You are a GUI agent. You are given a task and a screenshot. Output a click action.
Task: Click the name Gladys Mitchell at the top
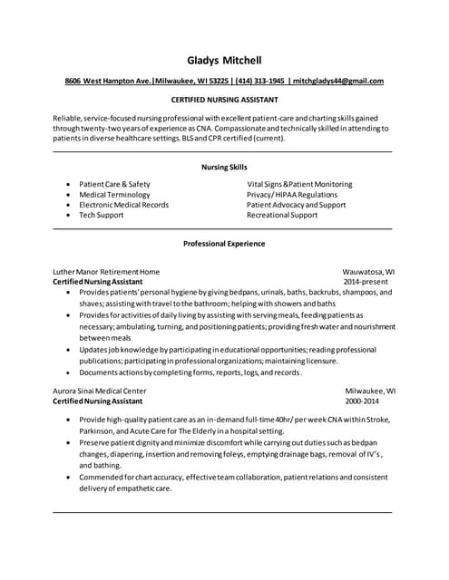pos(224,60)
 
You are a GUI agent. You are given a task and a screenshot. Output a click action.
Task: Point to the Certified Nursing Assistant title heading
pos(224,99)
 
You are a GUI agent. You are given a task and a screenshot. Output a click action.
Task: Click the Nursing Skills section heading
pos(224,167)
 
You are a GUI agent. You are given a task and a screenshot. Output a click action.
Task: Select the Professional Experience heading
pos(224,244)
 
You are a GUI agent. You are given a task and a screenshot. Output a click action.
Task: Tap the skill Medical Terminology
pos(114,194)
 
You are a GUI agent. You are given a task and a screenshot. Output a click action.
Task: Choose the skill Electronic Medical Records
pos(123,205)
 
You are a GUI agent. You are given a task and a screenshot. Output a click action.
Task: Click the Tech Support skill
pos(101,216)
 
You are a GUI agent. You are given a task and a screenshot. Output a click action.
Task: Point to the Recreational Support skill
pos(282,216)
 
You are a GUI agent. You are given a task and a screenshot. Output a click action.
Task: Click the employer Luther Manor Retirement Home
pos(106,271)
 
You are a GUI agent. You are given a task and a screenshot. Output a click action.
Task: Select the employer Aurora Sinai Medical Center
pos(100,391)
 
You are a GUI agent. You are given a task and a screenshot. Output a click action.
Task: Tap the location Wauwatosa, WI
pos(368,271)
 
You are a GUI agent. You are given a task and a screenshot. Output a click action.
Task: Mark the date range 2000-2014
pos(363,401)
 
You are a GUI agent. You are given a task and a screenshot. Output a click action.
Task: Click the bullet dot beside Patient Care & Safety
pos(69,184)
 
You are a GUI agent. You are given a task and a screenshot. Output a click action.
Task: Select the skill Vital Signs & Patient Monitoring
pos(299,183)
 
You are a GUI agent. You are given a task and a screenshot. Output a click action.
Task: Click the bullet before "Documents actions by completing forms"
pos(69,372)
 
